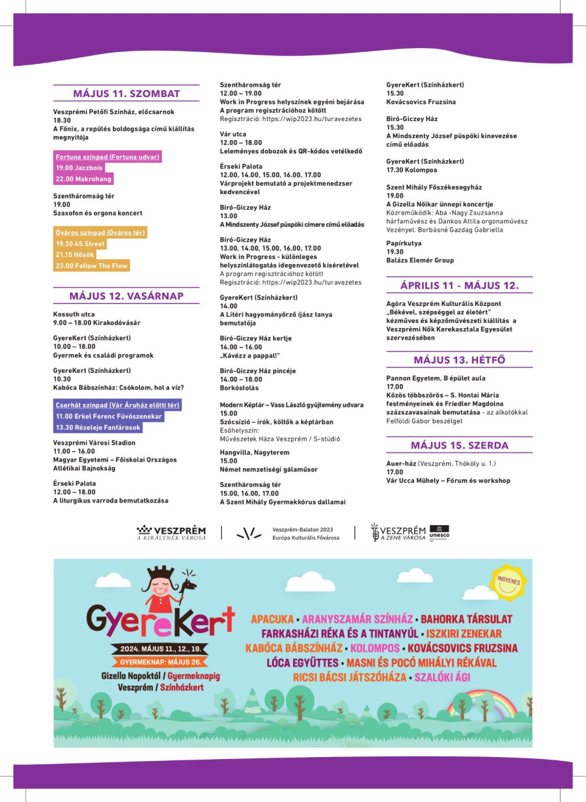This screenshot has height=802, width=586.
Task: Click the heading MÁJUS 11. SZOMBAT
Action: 126,93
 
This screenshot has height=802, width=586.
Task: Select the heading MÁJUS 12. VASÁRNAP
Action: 126,296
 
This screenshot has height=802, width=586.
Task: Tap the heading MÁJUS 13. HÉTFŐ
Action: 459,360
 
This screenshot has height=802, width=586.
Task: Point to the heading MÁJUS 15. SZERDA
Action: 459,445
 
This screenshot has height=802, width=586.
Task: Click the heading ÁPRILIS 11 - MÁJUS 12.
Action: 459,285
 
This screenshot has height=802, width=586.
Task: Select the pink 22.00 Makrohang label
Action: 83,179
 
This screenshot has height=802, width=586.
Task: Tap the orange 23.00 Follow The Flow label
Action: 92,266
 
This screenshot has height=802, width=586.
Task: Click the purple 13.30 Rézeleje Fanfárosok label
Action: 98,428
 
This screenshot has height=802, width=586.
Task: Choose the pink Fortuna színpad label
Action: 107,157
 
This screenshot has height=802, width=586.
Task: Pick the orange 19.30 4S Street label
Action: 80,244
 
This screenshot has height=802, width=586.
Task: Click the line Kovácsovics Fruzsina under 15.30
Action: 421,102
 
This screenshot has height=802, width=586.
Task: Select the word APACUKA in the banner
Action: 272,619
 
